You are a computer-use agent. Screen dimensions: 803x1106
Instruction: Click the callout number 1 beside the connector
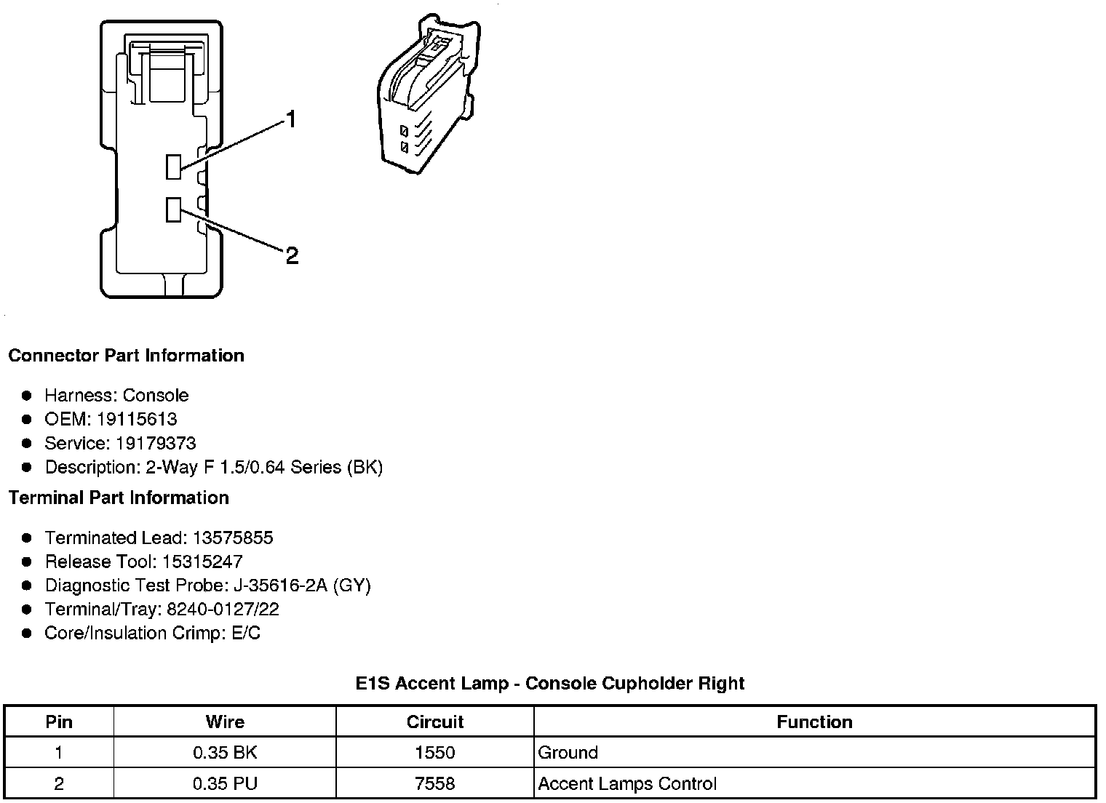[291, 119]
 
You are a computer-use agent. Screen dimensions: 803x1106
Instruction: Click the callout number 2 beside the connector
[292, 256]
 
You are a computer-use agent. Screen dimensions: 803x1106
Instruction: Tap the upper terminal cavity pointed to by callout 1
[173, 167]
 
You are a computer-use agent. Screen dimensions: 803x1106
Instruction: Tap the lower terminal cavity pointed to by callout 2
[173, 209]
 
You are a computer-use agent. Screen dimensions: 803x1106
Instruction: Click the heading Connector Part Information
[126, 356]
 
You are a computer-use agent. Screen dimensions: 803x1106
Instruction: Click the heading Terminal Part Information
[119, 498]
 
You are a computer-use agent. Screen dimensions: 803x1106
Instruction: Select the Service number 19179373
[156, 443]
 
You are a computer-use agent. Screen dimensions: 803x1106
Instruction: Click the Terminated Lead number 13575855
[233, 538]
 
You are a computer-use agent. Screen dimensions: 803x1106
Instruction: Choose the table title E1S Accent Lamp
[549, 684]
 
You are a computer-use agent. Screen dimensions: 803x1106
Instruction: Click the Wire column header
[225, 722]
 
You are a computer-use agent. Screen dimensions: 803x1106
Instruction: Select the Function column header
[814, 722]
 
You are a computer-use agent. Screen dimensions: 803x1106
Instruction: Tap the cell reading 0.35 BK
[225, 753]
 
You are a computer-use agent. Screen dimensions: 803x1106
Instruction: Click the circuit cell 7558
[434, 783]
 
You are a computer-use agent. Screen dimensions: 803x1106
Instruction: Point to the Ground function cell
[568, 753]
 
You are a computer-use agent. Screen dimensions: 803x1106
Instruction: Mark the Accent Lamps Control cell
[626, 783]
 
